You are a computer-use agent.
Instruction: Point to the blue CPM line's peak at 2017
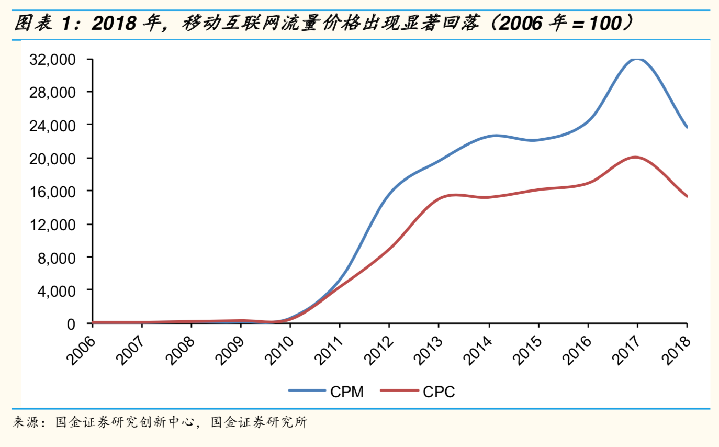pos(637,59)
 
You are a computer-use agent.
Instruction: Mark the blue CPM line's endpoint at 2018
pos(687,127)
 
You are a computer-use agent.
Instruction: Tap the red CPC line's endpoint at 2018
pos(687,196)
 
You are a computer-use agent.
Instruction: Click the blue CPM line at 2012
pos(389,192)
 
